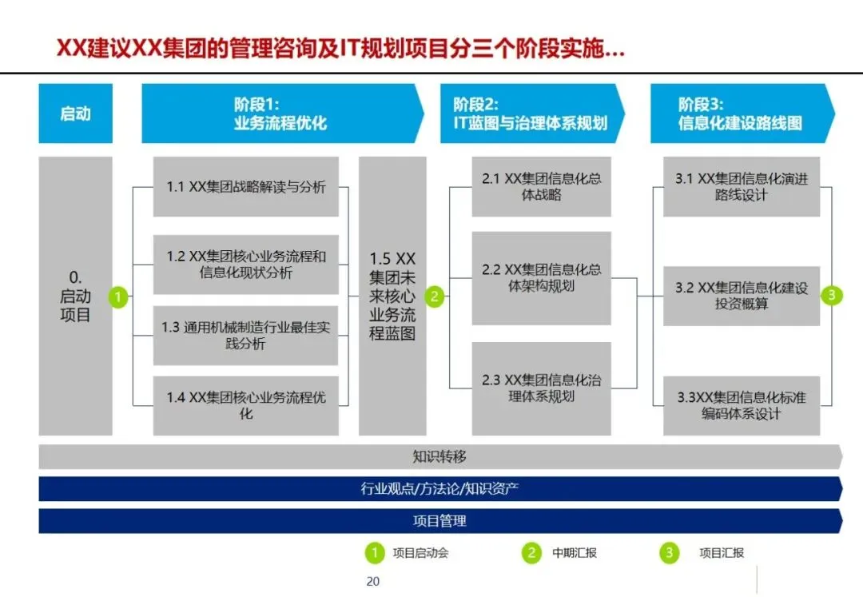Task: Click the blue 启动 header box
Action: point(75,113)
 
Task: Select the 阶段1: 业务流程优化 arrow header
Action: point(280,113)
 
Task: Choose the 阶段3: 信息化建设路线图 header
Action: point(740,113)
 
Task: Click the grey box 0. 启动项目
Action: point(75,296)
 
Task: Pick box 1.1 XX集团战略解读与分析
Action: point(246,187)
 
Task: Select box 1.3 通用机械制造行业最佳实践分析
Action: point(246,336)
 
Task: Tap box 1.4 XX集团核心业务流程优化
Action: point(246,405)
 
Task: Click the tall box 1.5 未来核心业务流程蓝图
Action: point(392,296)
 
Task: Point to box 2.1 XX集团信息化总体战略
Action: point(541,187)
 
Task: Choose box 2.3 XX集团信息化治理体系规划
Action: point(541,388)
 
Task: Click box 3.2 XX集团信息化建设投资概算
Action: point(741,296)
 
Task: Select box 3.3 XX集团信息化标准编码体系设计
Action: point(741,405)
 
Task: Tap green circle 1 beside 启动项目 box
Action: point(119,297)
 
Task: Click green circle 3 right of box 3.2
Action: point(832,296)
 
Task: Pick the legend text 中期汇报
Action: point(574,552)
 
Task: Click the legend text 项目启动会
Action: point(420,552)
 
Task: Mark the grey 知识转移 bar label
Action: point(439,457)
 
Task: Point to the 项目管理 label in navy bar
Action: point(439,521)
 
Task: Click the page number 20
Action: point(372,581)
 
